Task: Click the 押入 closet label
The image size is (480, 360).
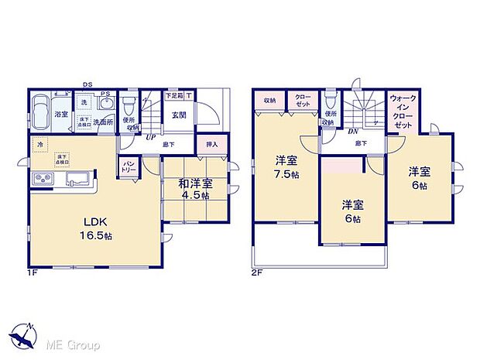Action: (x=211, y=145)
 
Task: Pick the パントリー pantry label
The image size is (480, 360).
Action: (x=129, y=168)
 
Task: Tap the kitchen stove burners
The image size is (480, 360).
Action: (x=43, y=180)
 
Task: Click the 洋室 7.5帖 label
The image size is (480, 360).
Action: (x=286, y=168)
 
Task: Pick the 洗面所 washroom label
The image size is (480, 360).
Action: (x=103, y=122)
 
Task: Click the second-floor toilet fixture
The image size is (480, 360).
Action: (x=331, y=101)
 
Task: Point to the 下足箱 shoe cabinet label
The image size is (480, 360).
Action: (x=175, y=96)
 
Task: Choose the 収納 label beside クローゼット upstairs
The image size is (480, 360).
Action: (x=269, y=100)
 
